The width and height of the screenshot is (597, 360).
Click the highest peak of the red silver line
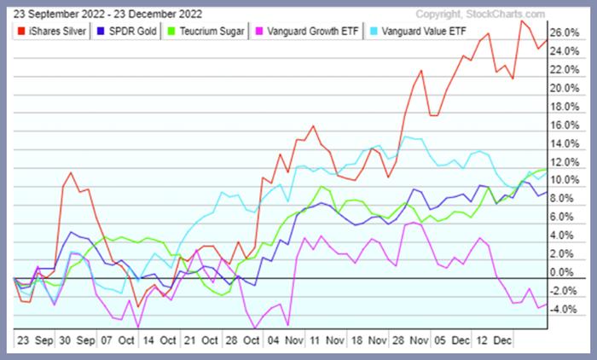click(x=521, y=20)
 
